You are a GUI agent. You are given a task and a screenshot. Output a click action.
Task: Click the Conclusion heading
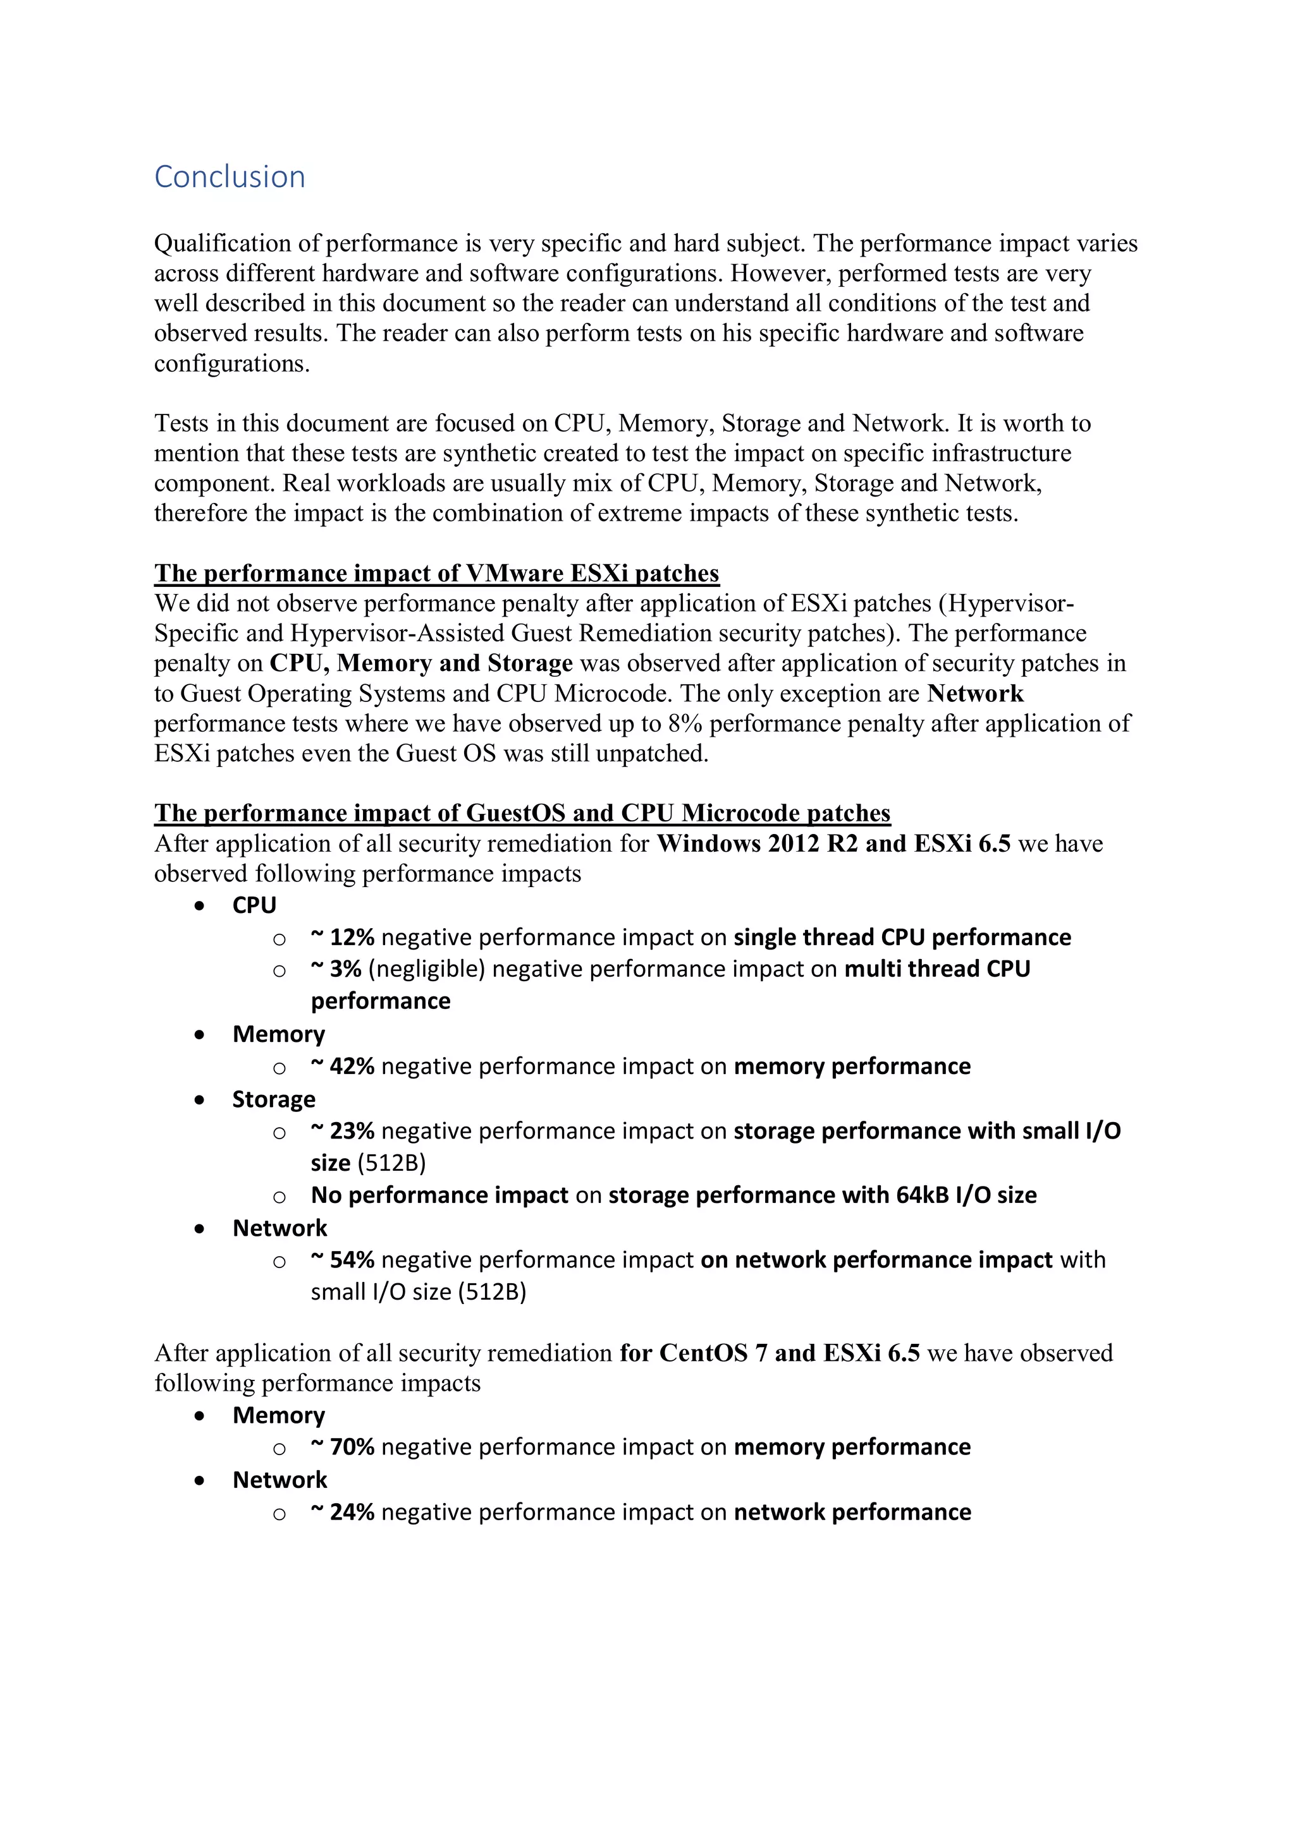229,177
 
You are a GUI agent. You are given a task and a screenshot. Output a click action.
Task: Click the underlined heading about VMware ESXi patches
436,574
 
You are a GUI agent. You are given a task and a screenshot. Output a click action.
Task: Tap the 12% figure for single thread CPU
351,937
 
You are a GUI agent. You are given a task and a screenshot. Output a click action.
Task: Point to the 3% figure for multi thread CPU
345,969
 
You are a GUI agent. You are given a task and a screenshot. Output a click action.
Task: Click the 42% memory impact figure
351,1067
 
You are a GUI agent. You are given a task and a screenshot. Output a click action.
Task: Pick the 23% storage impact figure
351,1131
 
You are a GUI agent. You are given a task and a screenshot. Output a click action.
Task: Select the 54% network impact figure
351,1260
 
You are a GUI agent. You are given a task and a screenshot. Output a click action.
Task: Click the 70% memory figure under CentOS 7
351,1447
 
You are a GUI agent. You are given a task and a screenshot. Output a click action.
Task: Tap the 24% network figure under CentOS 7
351,1512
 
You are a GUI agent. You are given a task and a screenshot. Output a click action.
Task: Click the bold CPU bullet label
254,905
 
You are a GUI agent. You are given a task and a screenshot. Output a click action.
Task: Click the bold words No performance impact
439,1195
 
